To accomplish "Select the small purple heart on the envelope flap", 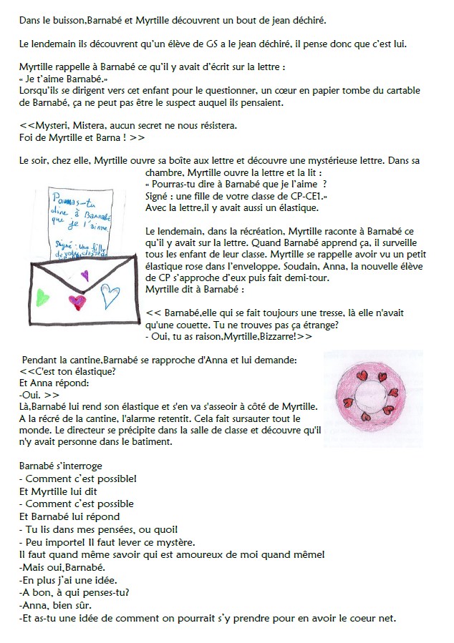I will (85, 274).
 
